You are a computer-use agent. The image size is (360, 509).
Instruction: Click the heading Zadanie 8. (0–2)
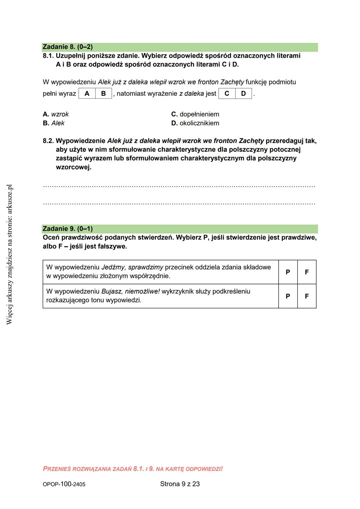point(68,47)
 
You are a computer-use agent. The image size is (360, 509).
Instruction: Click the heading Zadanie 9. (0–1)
point(68,229)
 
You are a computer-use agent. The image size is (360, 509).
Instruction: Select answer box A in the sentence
point(87,94)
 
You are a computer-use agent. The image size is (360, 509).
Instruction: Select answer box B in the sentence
point(103,94)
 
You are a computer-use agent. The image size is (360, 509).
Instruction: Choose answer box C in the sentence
point(227,94)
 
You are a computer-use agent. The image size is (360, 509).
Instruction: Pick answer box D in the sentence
point(243,94)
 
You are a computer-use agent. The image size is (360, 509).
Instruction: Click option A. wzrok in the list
point(56,114)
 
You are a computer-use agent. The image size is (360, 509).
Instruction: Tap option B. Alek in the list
point(54,123)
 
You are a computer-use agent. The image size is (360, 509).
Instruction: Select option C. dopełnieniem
point(195,114)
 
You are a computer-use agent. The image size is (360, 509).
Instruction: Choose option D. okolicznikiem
point(195,123)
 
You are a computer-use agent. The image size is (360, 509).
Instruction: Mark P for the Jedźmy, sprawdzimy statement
point(288,272)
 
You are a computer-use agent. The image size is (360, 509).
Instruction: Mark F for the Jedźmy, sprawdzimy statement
point(307,272)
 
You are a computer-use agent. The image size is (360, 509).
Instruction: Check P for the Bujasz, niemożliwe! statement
point(288,296)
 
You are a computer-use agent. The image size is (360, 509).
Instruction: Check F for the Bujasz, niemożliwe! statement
point(307,296)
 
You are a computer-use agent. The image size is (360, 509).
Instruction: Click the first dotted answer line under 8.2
point(179,186)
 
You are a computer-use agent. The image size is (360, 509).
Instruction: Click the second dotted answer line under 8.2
point(179,203)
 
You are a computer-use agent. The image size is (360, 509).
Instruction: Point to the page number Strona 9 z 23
point(180,484)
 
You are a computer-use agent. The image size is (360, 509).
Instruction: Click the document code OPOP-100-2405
point(64,484)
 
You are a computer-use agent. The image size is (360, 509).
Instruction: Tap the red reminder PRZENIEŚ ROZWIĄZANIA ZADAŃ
point(133,469)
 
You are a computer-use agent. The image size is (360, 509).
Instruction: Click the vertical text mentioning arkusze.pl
point(9,254)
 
